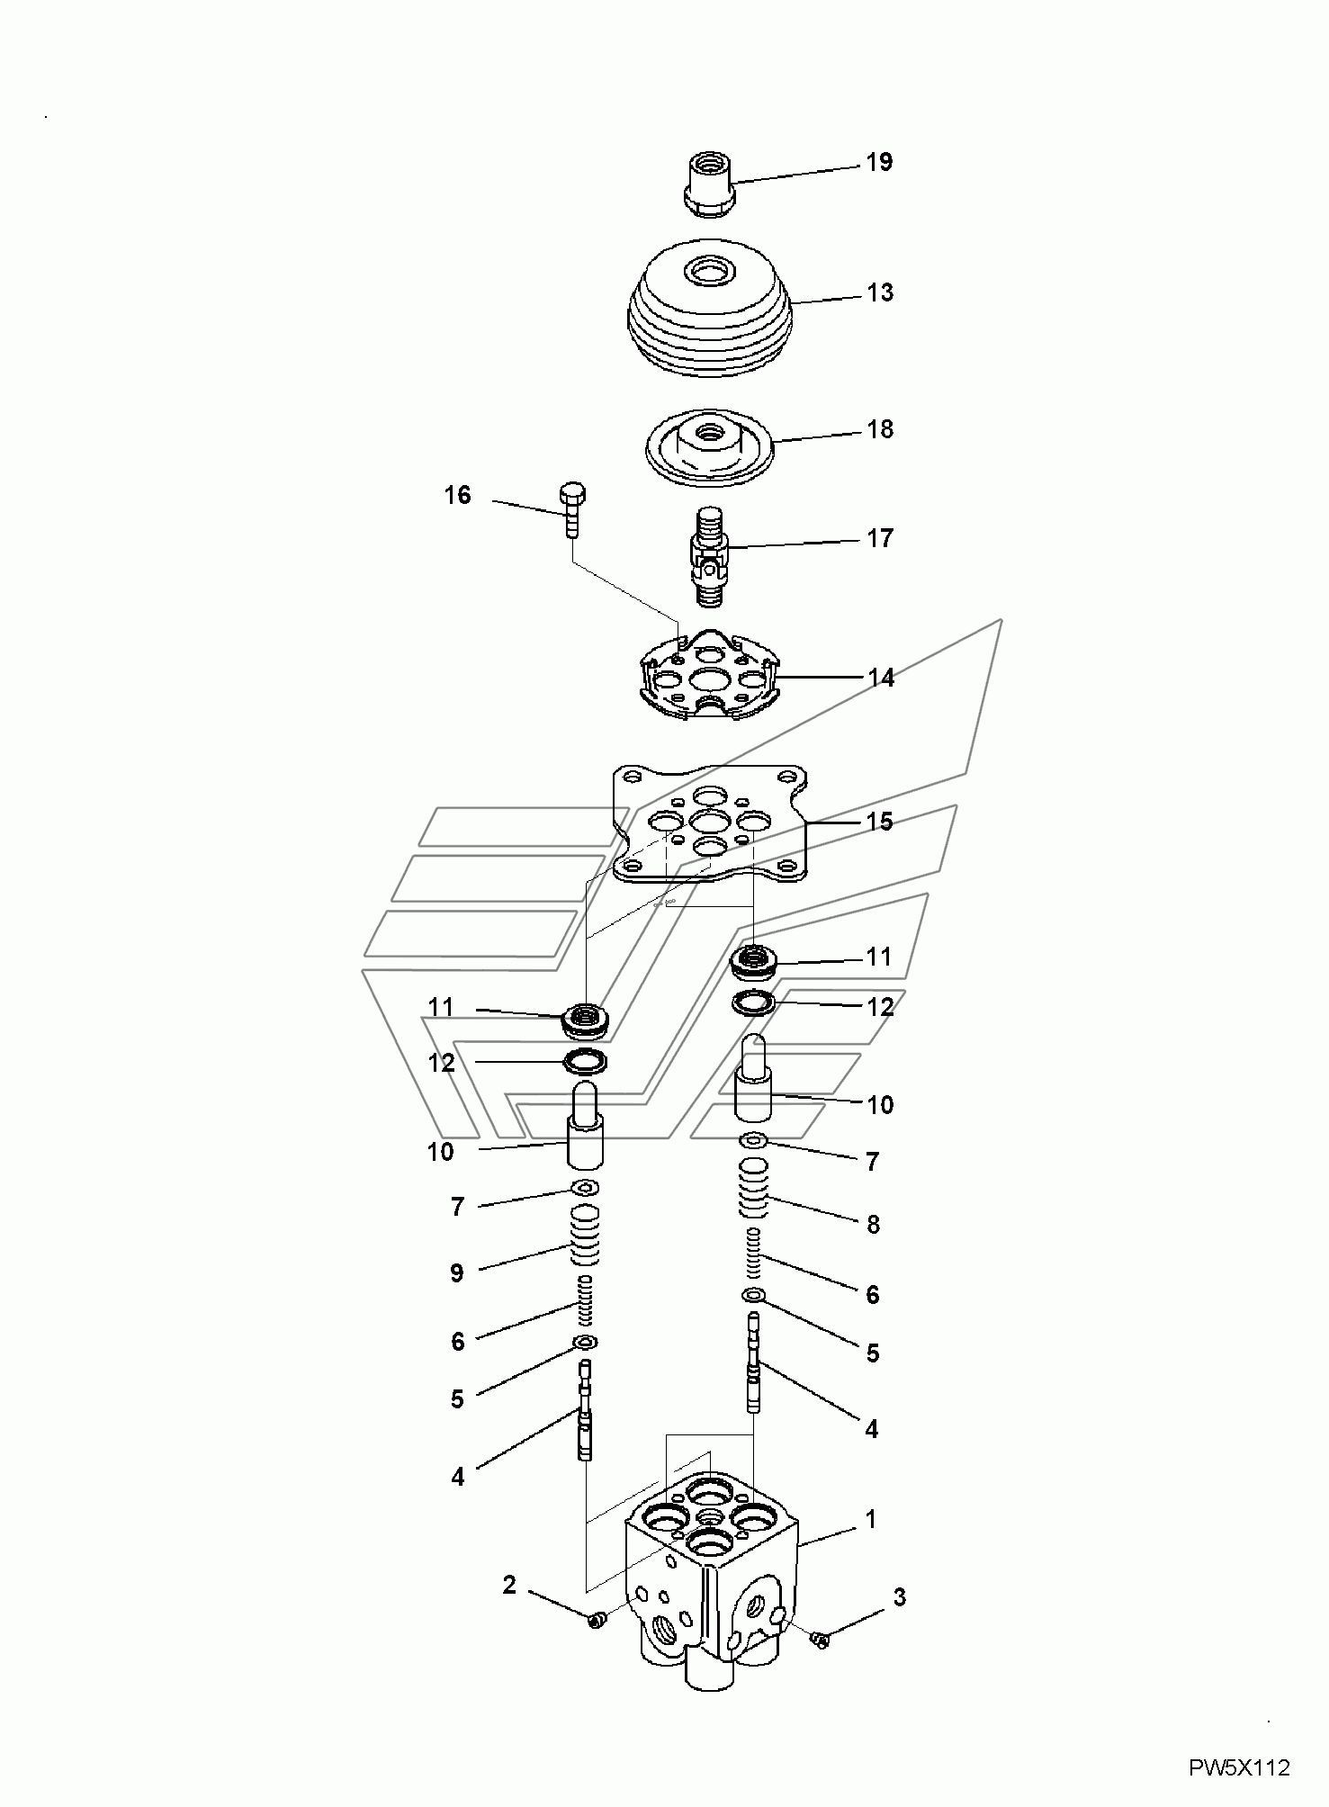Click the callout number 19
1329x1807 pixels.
click(879, 163)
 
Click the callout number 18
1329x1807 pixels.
click(879, 429)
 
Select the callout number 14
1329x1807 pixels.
click(880, 678)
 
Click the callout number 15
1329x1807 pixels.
click(879, 822)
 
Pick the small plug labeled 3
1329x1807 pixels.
click(819, 1640)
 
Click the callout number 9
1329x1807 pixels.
click(456, 1272)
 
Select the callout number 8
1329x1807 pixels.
click(872, 1224)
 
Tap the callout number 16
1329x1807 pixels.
click(457, 495)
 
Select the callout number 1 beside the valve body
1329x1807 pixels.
click(870, 1519)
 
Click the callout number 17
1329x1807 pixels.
click(879, 538)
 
